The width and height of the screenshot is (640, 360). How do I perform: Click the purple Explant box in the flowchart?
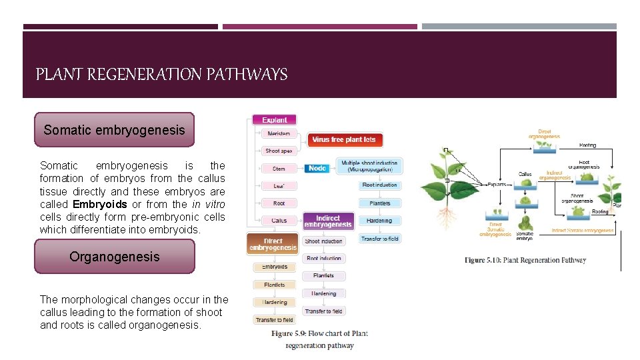pyautogui.click(x=275, y=120)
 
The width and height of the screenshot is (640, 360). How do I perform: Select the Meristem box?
pyautogui.click(x=279, y=134)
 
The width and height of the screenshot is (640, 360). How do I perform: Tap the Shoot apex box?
pyautogui.click(x=279, y=151)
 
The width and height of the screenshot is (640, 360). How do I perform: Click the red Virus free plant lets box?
pyautogui.click(x=345, y=139)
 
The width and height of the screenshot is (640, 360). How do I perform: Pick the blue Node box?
pyautogui.click(x=317, y=168)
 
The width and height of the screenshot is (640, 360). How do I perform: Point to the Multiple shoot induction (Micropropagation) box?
pyautogui.click(x=369, y=165)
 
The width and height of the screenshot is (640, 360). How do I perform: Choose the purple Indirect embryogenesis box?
pyautogui.click(x=328, y=221)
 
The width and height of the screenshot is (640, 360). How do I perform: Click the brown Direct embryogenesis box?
pyautogui.click(x=273, y=244)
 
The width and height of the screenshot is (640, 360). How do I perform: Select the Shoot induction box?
pyautogui.click(x=323, y=241)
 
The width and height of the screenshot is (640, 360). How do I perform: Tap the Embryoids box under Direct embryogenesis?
pyautogui.click(x=274, y=267)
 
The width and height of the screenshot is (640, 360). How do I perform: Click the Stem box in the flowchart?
pyautogui.click(x=279, y=169)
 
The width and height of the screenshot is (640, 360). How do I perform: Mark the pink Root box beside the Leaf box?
pyautogui.click(x=279, y=203)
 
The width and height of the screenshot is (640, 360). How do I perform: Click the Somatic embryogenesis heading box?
pyautogui.click(x=114, y=130)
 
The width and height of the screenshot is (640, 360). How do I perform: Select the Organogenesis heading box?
pyautogui.click(x=114, y=257)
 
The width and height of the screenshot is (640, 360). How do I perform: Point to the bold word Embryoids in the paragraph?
pyautogui.click(x=99, y=204)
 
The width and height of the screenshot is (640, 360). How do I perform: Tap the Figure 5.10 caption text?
pyautogui.click(x=525, y=260)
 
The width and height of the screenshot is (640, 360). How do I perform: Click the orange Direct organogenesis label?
pyautogui.click(x=544, y=133)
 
